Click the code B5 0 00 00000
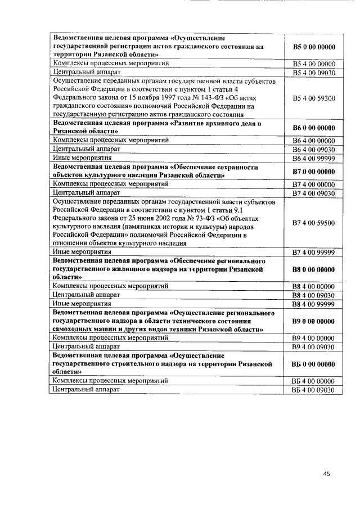click(314, 47)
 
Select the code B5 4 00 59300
click(314, 98)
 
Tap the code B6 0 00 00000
click(314, 128)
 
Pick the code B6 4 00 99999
click(314, 159)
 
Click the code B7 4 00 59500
click(314, 223)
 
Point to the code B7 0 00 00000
click(314, 171)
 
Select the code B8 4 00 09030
click(314, 295)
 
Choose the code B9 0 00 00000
click(314, 321)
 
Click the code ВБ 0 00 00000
click(314, 364)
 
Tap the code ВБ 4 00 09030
click(314, 389)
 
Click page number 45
click(327, 474)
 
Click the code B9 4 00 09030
click(314, 347)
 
